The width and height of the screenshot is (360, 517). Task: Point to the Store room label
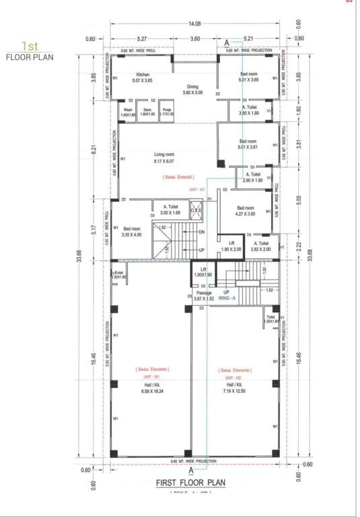pyautogui.click(x=147, y=111)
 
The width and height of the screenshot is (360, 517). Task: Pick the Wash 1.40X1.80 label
pyautogui.click(x=128, y=111)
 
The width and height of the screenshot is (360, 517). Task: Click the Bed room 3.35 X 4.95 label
pyautogui.click(x=131, y=232)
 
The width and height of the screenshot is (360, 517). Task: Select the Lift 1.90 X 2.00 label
pyautogui.click(x=231, y=246)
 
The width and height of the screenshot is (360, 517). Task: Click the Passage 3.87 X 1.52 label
pyautogui.click(x=204, y=296)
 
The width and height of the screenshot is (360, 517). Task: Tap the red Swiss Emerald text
pyautogui.click(x=178, y=176)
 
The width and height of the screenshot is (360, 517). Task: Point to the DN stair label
pyautogui.click(x=201, y=232)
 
